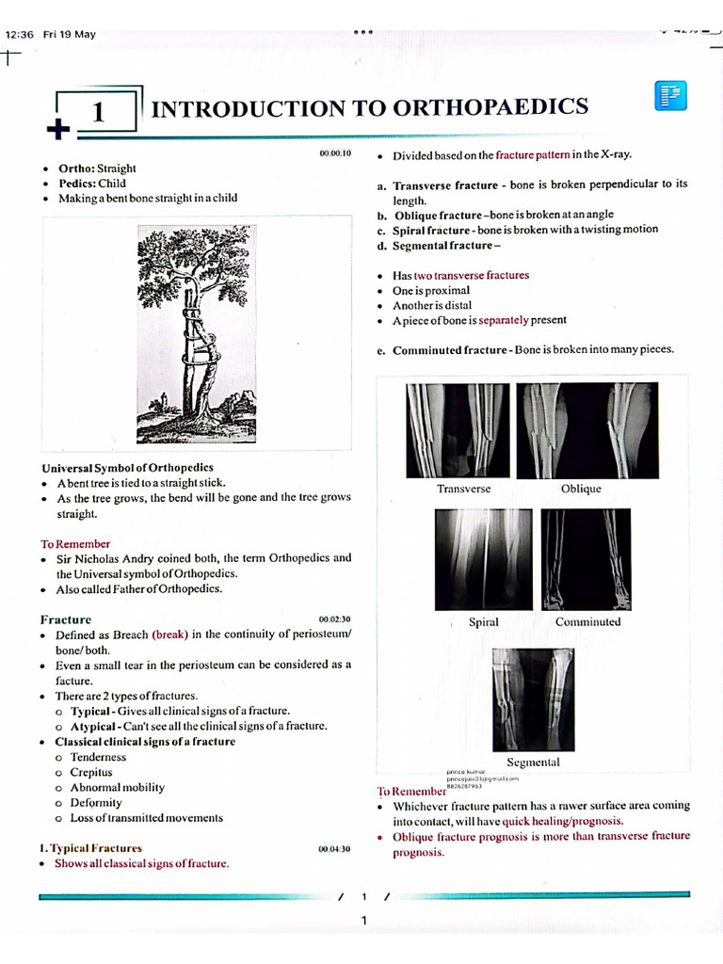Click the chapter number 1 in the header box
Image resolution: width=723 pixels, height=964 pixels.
click(x=97, y=113)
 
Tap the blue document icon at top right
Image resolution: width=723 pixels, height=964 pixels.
click(x=670, y=96)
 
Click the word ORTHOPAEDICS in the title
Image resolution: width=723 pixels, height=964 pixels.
click(x=490, y=107)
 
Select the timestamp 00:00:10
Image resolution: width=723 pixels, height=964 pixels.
click(x=334, y=153)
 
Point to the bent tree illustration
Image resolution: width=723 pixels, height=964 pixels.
click(x=195, y=334)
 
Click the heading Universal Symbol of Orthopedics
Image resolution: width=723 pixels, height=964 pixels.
click(x=127, y=468)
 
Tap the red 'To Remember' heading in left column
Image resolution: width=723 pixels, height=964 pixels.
click(x=75, y=544)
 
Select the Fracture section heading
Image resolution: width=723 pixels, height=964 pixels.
click(x=66, y=619)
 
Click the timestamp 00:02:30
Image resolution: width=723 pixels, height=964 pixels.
click(x=334, y=619)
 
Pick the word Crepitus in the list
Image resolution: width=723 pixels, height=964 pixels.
click(x=91, y=772)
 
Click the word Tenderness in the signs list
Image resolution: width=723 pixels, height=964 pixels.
click(x=98, y=757)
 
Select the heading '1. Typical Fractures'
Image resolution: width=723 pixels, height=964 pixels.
click(x=90, y=848)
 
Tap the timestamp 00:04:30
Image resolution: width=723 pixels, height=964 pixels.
click(x=334, y=849)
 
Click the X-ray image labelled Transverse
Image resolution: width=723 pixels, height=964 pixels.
click(x=458, y=430)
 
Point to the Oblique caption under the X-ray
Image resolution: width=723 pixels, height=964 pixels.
click(x=581, y=489)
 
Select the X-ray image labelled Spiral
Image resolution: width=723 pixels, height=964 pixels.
click(x=483, y=559)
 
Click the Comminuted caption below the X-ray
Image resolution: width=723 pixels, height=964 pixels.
click(x=588, y=622)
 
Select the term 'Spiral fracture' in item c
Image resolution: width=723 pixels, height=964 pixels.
click(x=433, y=230)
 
